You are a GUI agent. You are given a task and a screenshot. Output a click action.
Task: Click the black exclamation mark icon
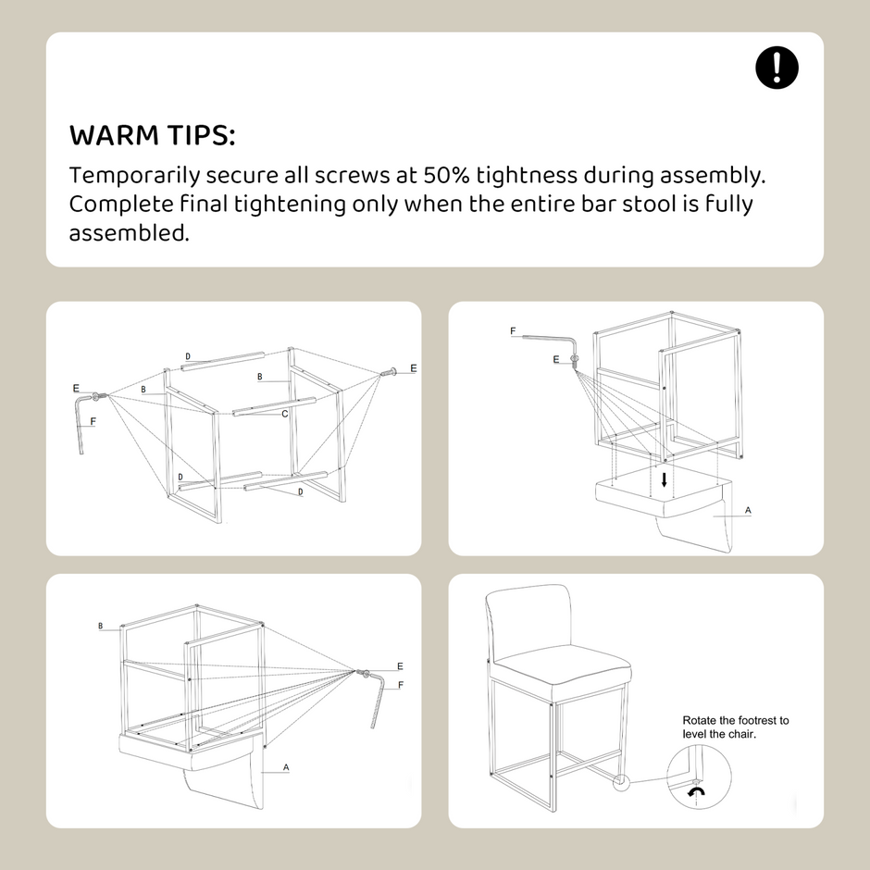[x=777, y=68]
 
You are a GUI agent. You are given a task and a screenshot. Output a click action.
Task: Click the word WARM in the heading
[x=114, y=135]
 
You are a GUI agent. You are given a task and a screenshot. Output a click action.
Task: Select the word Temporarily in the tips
[x=134, y=176]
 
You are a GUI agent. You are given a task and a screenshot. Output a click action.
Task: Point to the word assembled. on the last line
[x=130, y=232]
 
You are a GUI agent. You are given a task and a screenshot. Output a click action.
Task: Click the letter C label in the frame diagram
[x=285, y=414]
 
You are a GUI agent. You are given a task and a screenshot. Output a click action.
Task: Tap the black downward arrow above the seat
[x=665, y=480]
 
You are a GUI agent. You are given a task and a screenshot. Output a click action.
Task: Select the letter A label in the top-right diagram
[x=748, y=510]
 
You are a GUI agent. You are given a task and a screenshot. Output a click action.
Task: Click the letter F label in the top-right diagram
[x=513, y=331]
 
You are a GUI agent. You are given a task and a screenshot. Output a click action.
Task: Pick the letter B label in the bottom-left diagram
[x=101, y=626]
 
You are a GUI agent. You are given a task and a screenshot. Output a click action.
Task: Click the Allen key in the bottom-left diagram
[x=379, y=700]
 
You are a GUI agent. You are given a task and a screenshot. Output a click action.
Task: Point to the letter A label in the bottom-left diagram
[x=286, y=767]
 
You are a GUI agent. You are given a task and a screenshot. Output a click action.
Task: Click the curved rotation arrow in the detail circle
[x=696, y=791]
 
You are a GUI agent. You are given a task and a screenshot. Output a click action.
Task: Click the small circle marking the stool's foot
[x=621, y=782]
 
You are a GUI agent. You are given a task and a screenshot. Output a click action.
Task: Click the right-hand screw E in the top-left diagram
[x=388, y=372]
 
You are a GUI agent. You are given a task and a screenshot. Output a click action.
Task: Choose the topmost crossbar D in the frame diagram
[x=223, y=360]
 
